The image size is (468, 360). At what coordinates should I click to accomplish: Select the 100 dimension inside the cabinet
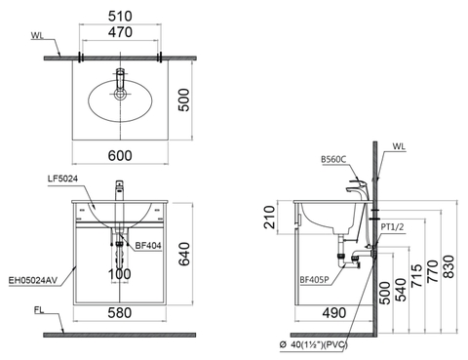pyautogui.click(x=119, y=275)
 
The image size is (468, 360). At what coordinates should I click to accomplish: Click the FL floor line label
pyautogui.click(x=36, y=313)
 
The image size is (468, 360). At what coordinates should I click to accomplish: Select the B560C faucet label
pyautogui.click(x=334, y=158)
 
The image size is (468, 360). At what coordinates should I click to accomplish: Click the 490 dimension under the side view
pyautogui.click(x=333, y=312)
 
